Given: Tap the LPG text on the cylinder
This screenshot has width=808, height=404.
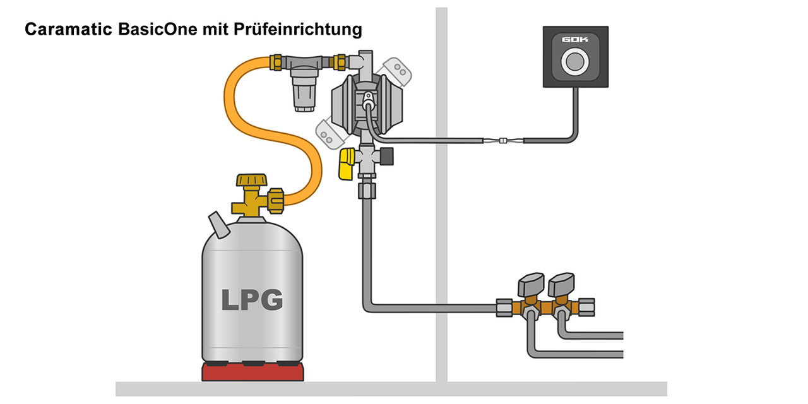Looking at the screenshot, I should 252,299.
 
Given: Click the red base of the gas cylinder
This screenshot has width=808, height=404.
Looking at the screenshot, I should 252,372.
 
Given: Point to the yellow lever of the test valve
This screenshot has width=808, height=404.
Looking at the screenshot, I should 347,165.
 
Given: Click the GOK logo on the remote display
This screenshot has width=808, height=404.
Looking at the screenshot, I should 575,40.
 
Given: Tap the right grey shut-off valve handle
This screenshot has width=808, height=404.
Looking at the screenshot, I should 562,284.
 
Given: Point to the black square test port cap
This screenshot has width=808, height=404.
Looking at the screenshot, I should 386,154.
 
